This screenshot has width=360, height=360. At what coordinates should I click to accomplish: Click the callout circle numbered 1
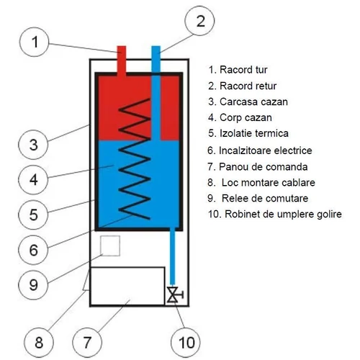[34, 43]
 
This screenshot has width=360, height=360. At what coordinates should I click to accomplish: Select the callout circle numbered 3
[34, 145]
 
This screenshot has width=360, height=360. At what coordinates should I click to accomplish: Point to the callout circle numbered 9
[34, 284]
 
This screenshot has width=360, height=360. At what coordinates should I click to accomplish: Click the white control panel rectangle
[124, 285]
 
